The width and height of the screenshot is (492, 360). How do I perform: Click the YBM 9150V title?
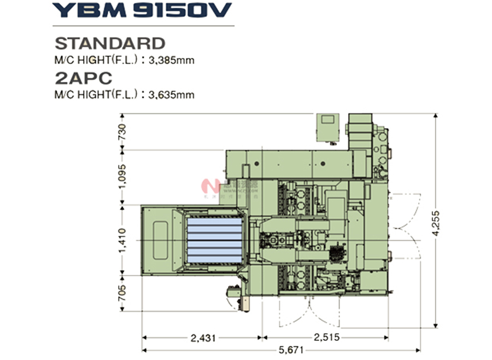pos(142,10)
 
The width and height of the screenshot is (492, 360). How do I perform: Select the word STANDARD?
pos(110,43)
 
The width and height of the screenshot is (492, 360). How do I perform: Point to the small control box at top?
pos(330,127)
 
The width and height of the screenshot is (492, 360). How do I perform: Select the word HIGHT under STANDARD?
pos(93,60)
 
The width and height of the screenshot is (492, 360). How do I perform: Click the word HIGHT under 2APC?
pos(93,94)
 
